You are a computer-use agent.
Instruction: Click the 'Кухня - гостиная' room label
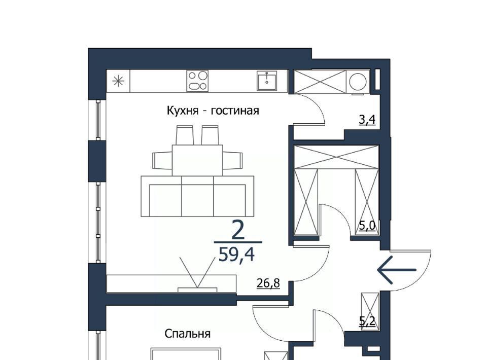(213, 111)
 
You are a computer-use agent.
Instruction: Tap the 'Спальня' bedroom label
(187, 334)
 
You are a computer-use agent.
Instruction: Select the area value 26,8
(268, 283)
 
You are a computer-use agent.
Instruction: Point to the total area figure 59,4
(237, 255)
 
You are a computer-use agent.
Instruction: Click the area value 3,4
(367, 120)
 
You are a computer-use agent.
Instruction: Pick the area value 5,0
(367, 226)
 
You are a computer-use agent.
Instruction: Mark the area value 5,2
(367, 321)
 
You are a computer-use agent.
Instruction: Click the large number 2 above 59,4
(238, 230)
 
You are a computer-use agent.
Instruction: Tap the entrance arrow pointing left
(397, 270)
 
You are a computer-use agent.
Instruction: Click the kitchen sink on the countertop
(267, 81)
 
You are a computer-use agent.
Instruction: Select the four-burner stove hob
(197, 81)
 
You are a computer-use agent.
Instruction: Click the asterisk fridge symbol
(118, 81)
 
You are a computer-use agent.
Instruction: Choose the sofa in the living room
(197, 196)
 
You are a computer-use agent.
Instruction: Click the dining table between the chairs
(197, 160)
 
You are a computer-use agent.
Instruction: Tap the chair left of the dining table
(162, 160)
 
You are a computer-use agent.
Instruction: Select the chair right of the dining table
(233, 160)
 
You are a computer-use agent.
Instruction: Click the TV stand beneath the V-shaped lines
(172, 283)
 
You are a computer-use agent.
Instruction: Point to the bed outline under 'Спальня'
(186, 354)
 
